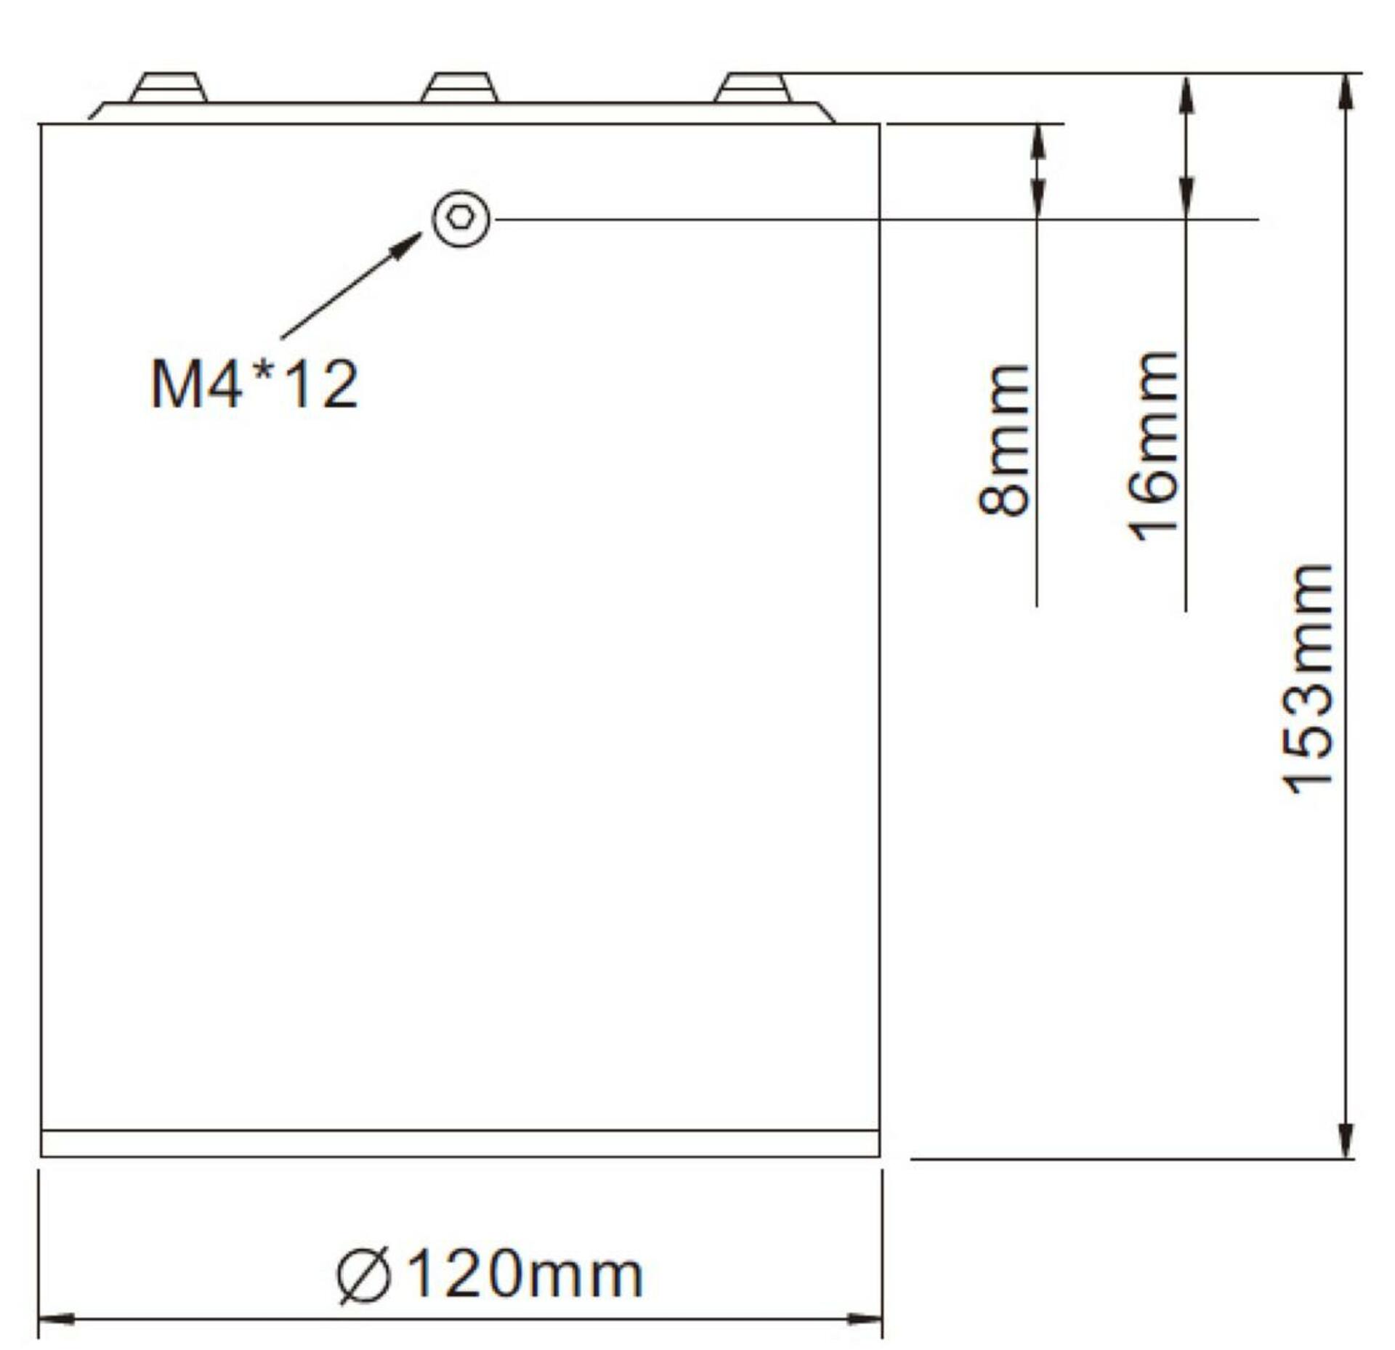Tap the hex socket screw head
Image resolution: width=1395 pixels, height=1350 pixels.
click(461, 219)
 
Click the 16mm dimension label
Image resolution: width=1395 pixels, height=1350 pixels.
click(1154, 446)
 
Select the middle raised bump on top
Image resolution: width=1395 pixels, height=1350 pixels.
click(461, 87)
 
